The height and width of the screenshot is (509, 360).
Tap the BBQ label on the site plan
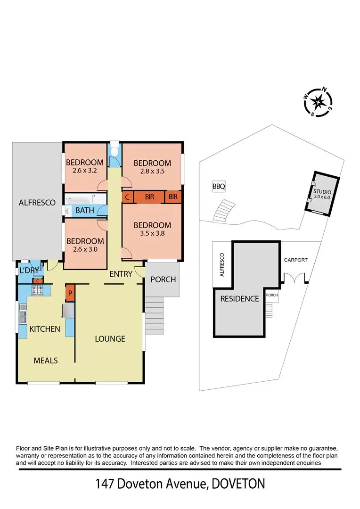pyautogui.click(x=219, y=187)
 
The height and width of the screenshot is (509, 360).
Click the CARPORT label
pyautogui.click(x=295, y=260)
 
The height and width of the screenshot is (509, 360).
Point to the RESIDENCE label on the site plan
pyautogui.click(x=240, y=298)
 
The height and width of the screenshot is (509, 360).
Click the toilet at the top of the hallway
pyautogui.click(x=114, y=151)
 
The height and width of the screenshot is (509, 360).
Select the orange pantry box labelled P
pyautogui.click(x=70, y=293)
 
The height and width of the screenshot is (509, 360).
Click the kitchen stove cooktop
pyautogui.click(x=37, y=289)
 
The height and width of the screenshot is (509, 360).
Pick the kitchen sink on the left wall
pyautogui.click(x=23, y=314)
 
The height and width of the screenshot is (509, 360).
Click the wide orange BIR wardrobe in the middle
pyautogui.click(x=149, y=197)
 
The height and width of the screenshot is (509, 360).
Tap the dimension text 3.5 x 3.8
pyautogui.click(x=152, y=233)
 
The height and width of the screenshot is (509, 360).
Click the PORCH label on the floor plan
pyautogui.click(x=163, y=279)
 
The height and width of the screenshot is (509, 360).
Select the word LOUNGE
pyautogui.click(x=110, y=338)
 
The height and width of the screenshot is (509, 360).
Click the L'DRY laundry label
pyautogui.click(x=29, y=271)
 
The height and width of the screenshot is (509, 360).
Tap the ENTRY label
pyautogui.click(x=120, y=274)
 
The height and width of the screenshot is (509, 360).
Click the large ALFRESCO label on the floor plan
pyautogui.click(x=37, y=203)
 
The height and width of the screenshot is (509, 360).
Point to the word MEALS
pyautogui.click(x=46, y=361)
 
